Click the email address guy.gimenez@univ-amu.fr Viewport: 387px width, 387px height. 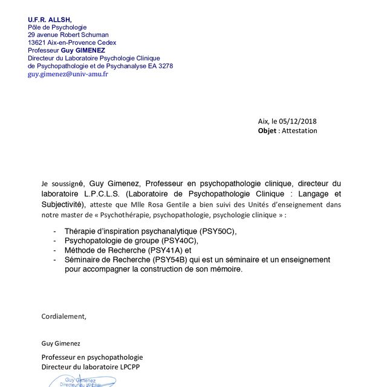pos(68,74)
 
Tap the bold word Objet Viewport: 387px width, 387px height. pos(267,131)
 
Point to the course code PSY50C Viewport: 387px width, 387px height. pos(218,232)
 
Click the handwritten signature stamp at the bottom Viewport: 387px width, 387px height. pos(82,381)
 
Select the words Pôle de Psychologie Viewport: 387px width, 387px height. pos(57,27)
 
